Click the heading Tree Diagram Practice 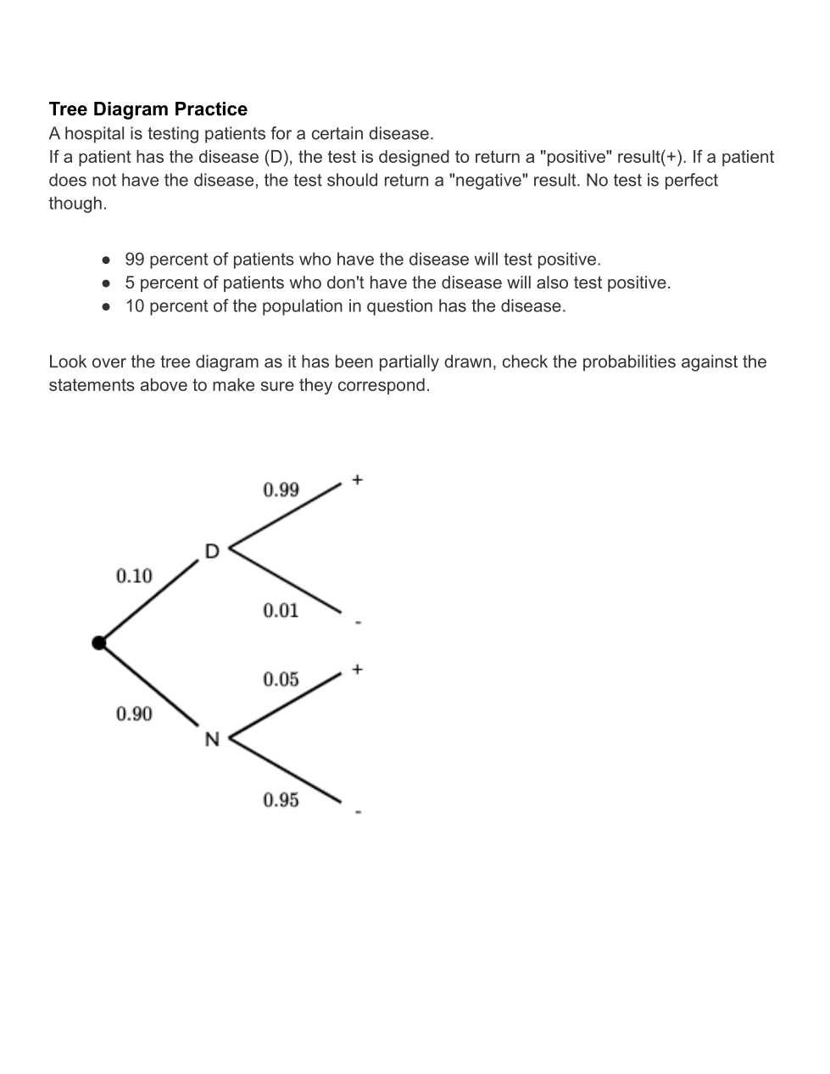tap(148, 109)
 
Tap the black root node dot tap(99, 643)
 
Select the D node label tap(212, 551)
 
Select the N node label tap(212, 740)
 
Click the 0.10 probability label tap(134, 576)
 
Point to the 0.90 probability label tap(134, 714)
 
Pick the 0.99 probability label tap(281, 489)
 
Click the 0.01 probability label tap(281, 611)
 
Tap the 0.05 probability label tap(281, 680)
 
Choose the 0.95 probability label tap(281, 800)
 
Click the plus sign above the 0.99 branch tap(358, 480)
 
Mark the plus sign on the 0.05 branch tap(358, 669)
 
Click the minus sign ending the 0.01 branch tap(358, 623)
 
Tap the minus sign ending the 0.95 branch tap(358, 812)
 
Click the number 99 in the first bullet tap(135, 260)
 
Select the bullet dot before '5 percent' tap(106, 283)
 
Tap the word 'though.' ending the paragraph tap(78, 204)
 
